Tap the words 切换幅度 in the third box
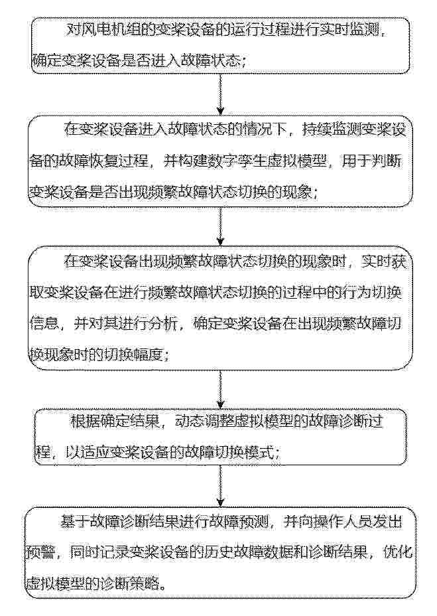137,355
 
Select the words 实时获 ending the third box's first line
387,261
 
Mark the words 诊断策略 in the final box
131,584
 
